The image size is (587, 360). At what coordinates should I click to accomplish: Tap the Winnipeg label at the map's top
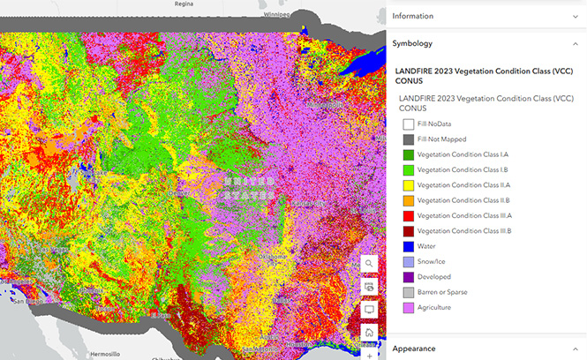click(x=279, y=14)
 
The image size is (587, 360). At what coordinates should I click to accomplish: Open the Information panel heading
click(x=412, y=16)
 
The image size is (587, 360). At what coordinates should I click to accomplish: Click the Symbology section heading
click(x=412, y=42)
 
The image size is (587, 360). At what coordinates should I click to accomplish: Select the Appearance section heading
click(x=414, y=348)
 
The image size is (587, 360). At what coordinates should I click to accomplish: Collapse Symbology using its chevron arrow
click(x=575, y=42)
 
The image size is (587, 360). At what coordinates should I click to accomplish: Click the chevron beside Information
click(x=575, y=16)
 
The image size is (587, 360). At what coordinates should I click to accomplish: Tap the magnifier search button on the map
click(x=369, y=264)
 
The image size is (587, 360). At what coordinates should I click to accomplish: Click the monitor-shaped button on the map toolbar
click(x=369, y=310)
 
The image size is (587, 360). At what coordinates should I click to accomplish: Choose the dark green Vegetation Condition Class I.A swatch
click(x=408, y=155)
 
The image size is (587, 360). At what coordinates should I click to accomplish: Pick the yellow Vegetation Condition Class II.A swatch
click(x=408, y=185)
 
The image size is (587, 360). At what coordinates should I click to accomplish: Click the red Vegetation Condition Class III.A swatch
click(x=408, y=216)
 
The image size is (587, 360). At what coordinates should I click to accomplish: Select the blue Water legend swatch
click(x=408, y=246)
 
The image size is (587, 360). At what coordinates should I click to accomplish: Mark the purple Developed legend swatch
click(x=408, y=276)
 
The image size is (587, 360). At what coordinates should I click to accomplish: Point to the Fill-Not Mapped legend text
click(x=441, y=139)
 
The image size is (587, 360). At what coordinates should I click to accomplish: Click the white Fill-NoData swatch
click(x=408, y=124)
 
